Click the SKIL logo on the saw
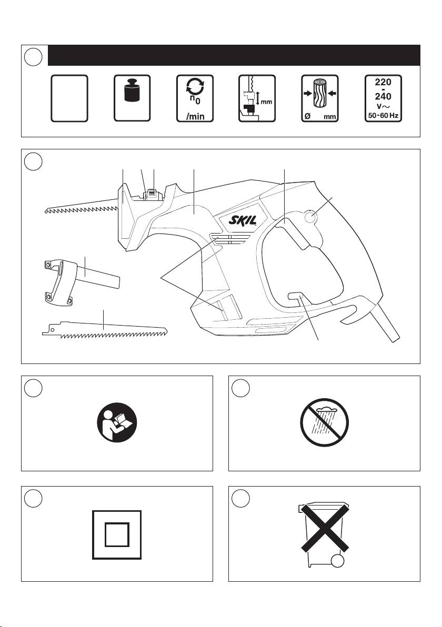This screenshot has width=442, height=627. [243, 220]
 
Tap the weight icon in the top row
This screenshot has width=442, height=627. [132, 98]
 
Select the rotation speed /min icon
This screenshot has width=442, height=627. [195, 98]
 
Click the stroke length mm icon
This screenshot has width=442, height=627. [257, 98]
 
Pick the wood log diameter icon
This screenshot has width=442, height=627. [320, 98]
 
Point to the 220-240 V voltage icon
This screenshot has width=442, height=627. [383, 98]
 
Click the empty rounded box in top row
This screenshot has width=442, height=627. [69, 98]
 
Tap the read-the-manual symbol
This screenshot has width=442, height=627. [117, 422]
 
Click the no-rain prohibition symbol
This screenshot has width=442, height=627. [325, 422]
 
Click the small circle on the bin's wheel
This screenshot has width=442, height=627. [338, 561]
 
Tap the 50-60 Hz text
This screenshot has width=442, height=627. [383, 116]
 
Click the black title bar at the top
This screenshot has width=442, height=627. [234, 55]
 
